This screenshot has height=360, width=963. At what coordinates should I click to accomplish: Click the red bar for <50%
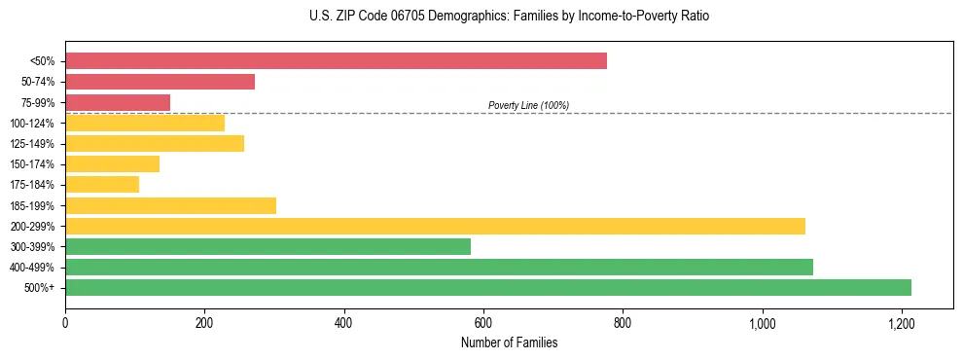pyautogui.click(x=336, y=61)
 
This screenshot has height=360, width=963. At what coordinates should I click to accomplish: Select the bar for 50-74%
pyautogui.click(x=160, y=82)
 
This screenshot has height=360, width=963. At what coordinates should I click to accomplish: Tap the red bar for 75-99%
pyautogui.click(x=118, y=102)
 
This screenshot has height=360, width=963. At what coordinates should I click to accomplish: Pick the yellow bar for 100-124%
pyautogui.click(x=145, y=123)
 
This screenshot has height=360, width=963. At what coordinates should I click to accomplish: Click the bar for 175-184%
pyautogui.click(x=102, y=185)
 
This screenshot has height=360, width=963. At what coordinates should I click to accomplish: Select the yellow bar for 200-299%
pyautogui.click(x=435, y=226)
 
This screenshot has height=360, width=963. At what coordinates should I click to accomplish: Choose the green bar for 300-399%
pyautogui.click(x=267, y=247)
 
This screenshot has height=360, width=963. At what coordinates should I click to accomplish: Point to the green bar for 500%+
pyautogui.click(x=488, y=288)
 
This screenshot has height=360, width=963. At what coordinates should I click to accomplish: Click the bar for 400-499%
pyautogui.click(x=439, y=268)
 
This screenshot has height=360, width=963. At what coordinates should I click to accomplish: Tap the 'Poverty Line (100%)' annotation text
pyautogui.click(x=528, y=105)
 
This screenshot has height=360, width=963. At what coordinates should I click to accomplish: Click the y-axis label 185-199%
pyautogui.click(x=32, y=205)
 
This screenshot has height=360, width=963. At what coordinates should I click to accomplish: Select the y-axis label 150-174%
pyautogui.click(x=32, y=164)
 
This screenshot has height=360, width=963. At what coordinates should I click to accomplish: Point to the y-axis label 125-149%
pyautogui.click(x=32, y=144)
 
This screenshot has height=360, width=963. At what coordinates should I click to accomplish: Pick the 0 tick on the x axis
pyautogui.click(x=65, y=322)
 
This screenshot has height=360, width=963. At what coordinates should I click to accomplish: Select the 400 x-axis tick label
pyautogui.click(x=343, y=322)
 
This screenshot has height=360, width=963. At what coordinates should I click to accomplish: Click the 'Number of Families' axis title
pyautogui.click(x=510, y=342)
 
